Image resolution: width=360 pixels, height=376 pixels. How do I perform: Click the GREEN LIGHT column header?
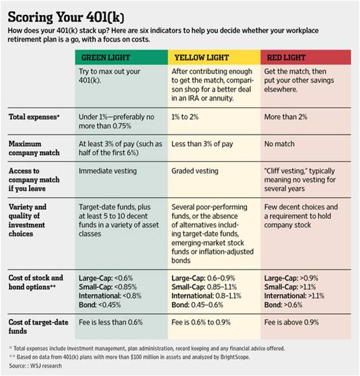click(106, 58)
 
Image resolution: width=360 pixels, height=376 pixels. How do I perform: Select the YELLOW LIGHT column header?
click(202, 58)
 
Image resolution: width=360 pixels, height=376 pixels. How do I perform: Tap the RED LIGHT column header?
click(286, 58)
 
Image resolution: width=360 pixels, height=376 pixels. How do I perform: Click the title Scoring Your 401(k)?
click(66, 17)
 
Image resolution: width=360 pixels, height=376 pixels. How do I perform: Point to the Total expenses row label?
click(34, 117)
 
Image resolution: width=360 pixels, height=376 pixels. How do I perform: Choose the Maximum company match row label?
click(34, 148)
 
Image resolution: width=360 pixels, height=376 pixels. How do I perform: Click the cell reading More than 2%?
click(285, 117)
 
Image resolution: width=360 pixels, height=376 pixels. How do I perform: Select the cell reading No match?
click(280, 144)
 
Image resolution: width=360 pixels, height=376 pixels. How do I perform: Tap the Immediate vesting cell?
click(108, 171)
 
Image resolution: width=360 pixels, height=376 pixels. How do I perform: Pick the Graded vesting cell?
click(195, 171)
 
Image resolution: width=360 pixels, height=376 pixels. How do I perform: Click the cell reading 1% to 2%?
click(185, 117)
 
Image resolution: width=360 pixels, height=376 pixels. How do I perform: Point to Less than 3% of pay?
click(202, 144)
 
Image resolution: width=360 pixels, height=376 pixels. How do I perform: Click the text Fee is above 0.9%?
click(291, 322)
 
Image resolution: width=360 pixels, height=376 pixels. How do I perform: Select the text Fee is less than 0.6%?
click(111, 322)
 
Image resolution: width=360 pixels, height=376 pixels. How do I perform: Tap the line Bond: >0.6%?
click(283, 305)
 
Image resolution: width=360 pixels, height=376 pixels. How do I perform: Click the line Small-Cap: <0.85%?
click(108, 287)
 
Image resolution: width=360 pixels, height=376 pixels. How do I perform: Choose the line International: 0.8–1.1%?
click(206, 295)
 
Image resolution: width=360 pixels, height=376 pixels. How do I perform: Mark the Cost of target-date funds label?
click(38, 327)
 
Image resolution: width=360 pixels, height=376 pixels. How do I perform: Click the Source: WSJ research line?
click(35, 366)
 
